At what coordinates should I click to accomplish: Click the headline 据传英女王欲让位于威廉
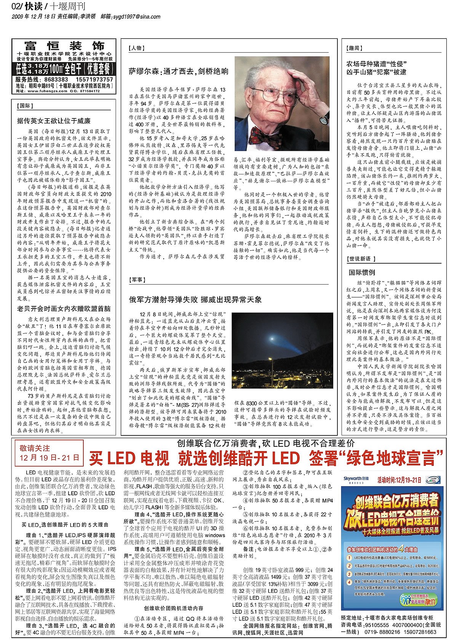coord(54,121)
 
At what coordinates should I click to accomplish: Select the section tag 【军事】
coord(137,280)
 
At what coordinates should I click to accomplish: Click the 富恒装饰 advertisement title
coord(64,46)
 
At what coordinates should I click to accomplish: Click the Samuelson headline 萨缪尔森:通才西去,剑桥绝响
coord(179,71)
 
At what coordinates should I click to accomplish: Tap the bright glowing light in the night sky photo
coord(272,338)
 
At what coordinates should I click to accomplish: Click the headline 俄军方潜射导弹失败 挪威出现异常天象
coord(195,299)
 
